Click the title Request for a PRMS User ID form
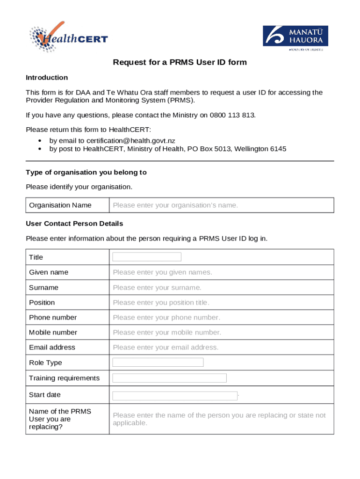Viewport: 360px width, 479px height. (180, 62)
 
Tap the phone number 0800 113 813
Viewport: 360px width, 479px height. (232, 115)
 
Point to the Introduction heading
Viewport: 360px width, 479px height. (47, 78)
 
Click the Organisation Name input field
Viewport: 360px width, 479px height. (222, 205)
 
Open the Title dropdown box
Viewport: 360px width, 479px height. (147, 257)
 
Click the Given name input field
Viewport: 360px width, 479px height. (222, 272)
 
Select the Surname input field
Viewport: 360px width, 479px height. (222, 287)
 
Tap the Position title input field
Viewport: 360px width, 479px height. (222, 302)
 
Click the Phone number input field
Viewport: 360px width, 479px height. (222, 317)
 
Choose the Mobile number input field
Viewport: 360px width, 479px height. (222, 332)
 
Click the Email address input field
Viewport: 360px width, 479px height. (222, 347)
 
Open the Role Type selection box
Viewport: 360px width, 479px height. (158, 363)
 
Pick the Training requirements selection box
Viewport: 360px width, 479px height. (169, 378)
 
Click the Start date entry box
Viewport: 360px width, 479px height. (175, 396)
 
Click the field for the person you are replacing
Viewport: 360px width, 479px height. (222, 419)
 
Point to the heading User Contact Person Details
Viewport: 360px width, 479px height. (74, 224)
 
